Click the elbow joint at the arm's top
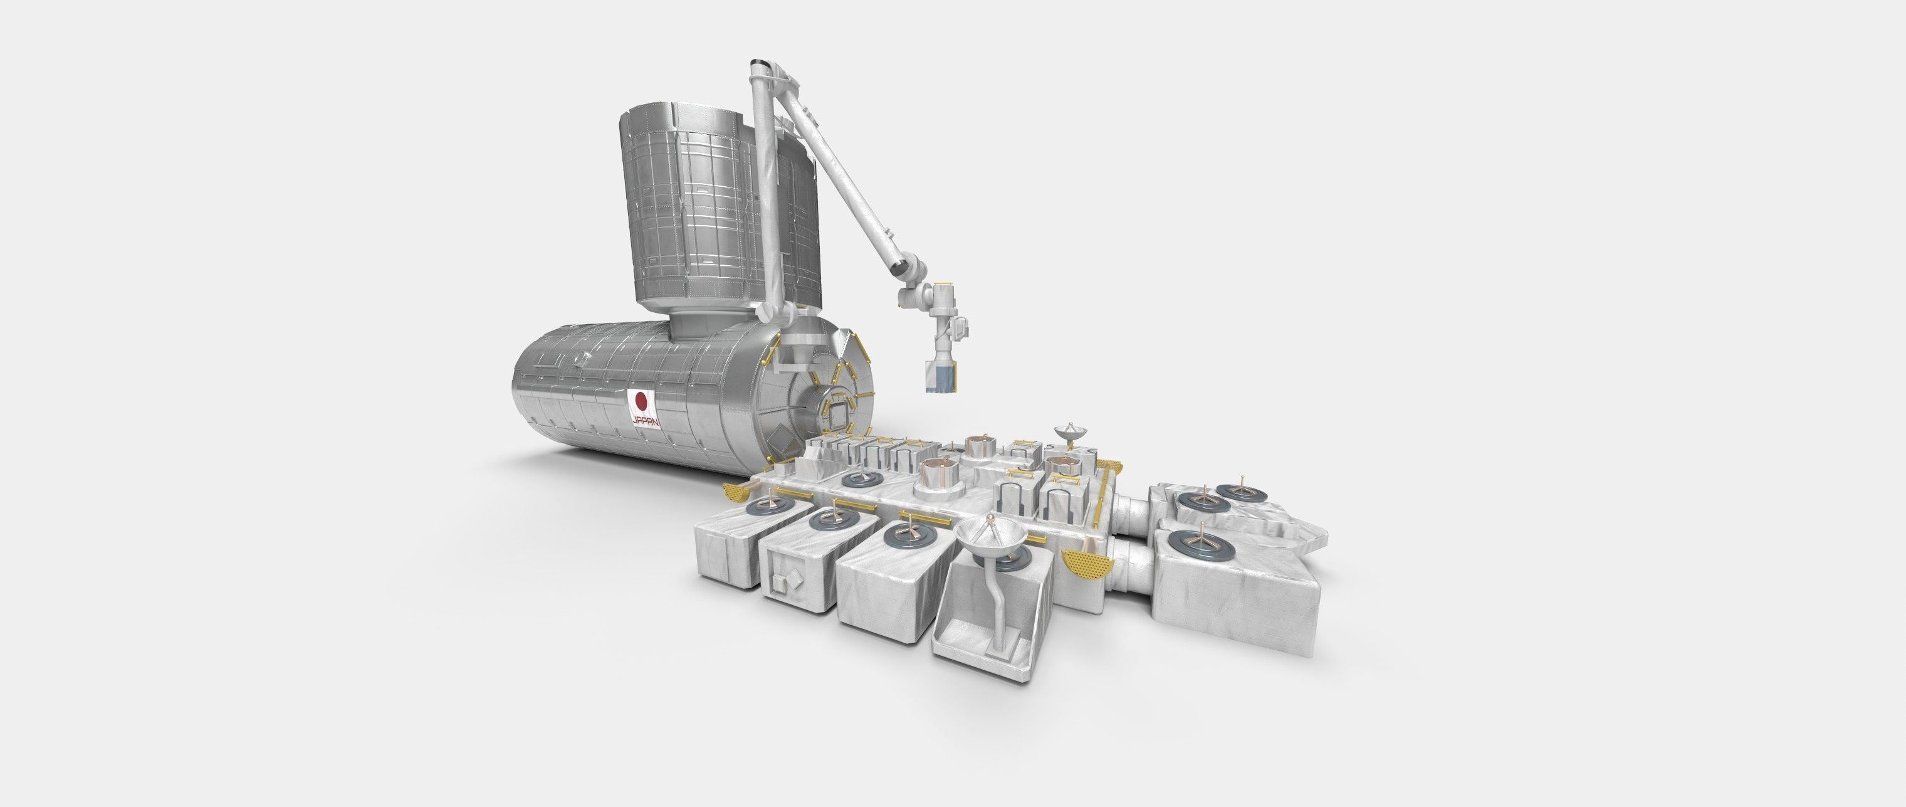pyautogui.click(x=762, y=71)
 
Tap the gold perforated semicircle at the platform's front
pyautogui.click(x=1085, y=566)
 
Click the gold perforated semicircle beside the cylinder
pyautogui.click(x=740, y=492)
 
